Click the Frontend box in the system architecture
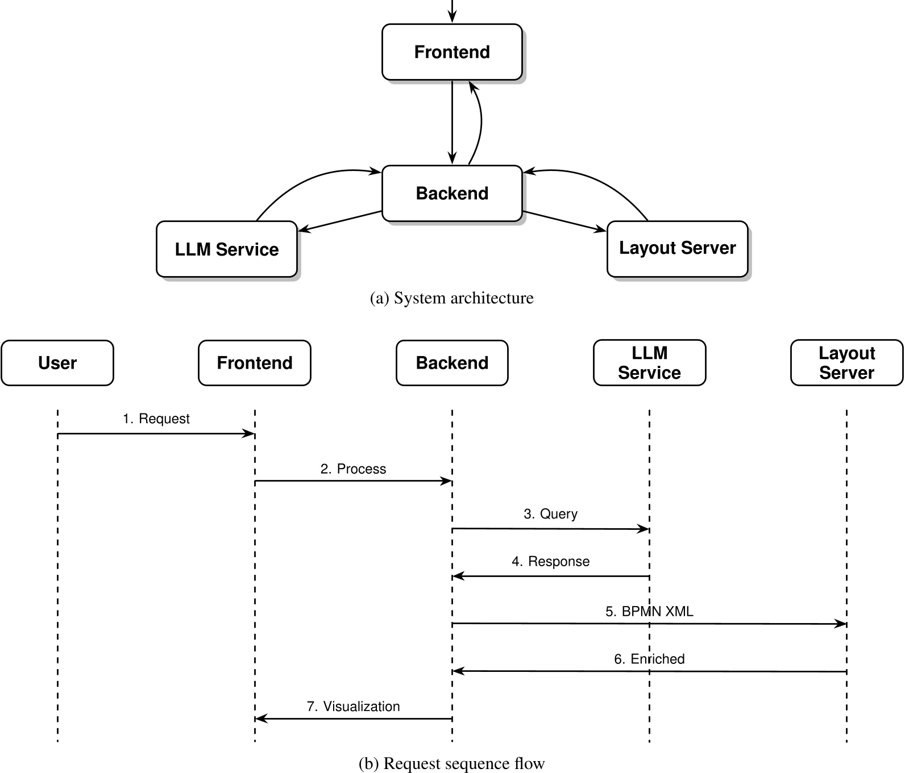452,52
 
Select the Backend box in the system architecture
452,193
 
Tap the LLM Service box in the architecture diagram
227,249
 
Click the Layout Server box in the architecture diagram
677,248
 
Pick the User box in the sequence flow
57,363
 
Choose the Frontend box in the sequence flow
255,363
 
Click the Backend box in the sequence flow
452,363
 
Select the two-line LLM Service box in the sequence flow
649,363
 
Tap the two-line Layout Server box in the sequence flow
846,363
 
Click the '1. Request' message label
156,419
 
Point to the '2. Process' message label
353,469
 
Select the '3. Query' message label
550,513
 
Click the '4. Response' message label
550,561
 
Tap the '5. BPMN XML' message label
649,611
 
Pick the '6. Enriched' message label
649,659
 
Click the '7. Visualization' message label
353,706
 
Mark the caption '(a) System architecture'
452,298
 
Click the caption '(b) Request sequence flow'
452,763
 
